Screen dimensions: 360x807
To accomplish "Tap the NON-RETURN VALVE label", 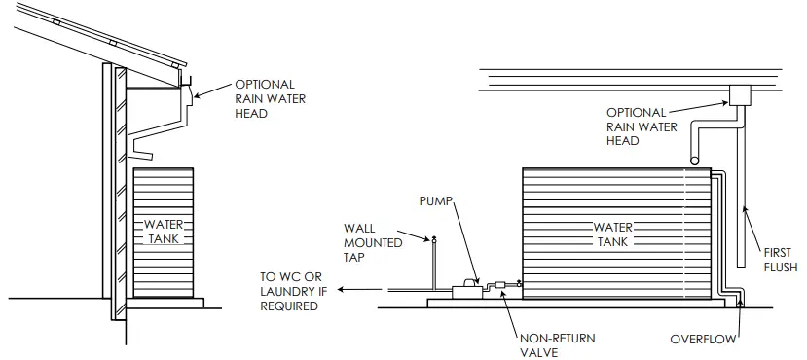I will [557, 345].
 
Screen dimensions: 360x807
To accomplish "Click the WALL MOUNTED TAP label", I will [373, 243].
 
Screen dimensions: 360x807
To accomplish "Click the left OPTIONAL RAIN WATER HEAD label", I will [264, 98].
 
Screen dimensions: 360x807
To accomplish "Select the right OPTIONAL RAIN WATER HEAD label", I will [636, 126].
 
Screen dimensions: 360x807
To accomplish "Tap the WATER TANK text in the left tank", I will [163, 231].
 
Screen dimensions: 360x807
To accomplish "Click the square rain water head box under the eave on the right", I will [741, 94].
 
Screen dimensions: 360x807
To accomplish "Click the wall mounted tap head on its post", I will [434, 237].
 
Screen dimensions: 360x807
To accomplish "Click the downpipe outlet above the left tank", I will [143, 153].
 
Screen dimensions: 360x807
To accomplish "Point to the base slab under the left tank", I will [165, 302].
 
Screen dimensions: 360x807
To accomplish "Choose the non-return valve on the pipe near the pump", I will [501, 285].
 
